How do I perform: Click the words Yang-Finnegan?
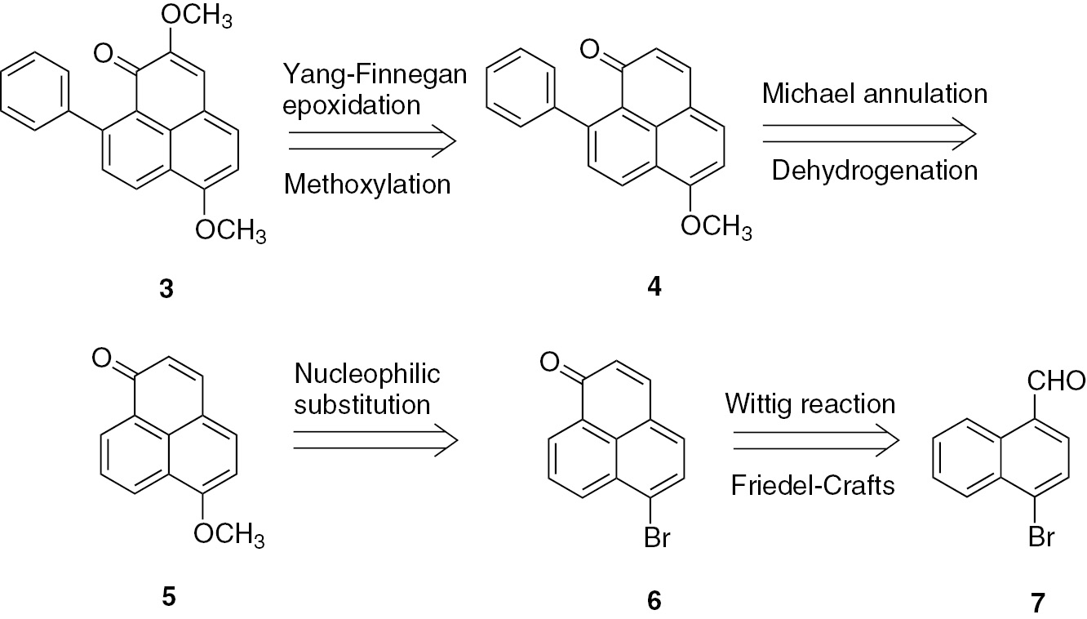pos(375,77)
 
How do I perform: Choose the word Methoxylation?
pos(367,185)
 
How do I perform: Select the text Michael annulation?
pos(875,94)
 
